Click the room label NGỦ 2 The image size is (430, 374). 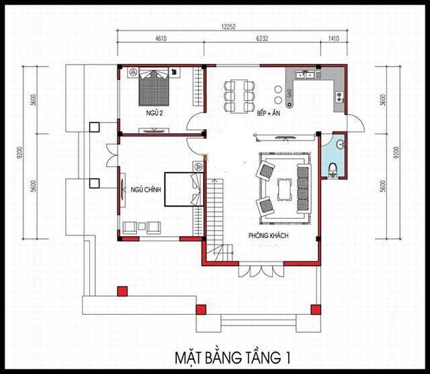(x=155, y=113)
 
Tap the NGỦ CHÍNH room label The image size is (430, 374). (x=146, y=190)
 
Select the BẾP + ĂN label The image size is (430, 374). (x=269, y=113)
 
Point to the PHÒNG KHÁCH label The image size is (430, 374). (x=269, y=235)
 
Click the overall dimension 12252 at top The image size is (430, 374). (x=228, y=27)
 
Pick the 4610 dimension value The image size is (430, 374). (x=161, y=38)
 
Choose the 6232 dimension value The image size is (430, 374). (x=262, y=38)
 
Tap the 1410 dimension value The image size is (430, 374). (x=333, y=38)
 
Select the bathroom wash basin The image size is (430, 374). (x=341, y=144)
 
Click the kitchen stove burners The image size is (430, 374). (x=339, y=97)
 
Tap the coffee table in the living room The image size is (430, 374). (x=285, y=190)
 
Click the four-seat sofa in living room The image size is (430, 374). (x=303, y=189)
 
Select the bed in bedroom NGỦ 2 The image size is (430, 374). (x=153, y=87)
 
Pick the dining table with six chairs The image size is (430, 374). (x=239, y=96)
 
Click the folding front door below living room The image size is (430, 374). (x=261, y=271)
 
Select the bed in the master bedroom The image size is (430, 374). (x=183, y=189)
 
